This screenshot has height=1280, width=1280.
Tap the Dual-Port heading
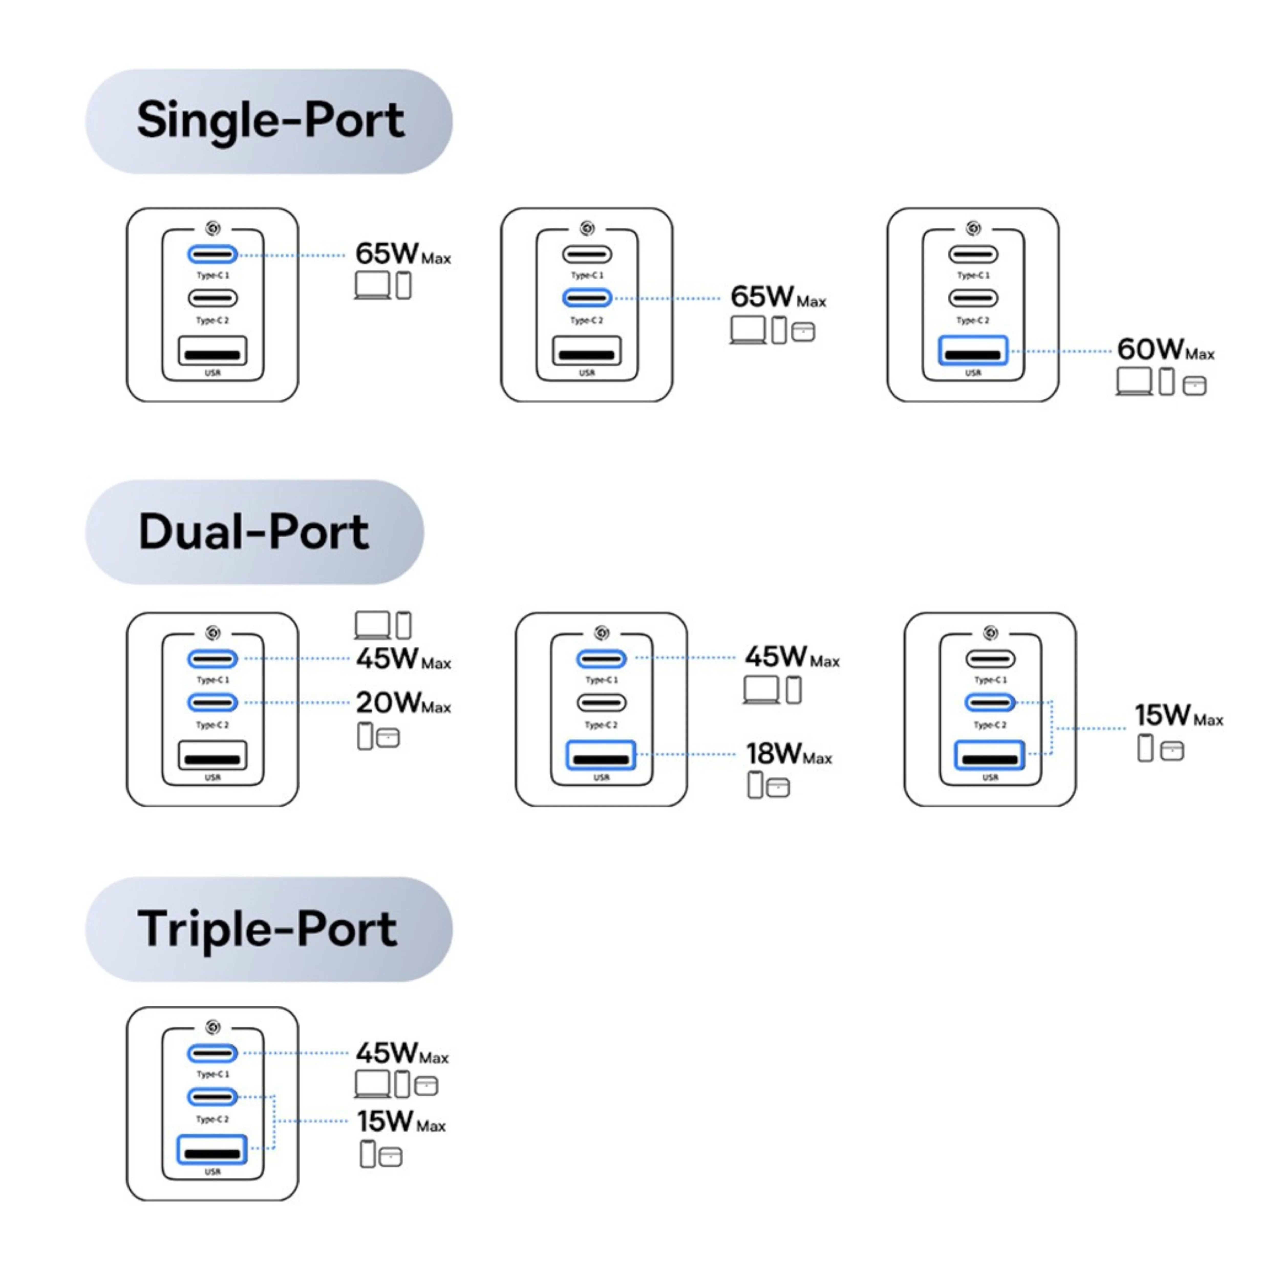pos(254,532)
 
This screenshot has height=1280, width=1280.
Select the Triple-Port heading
pos(268,929)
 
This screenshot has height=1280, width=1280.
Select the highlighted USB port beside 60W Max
pos(973,351)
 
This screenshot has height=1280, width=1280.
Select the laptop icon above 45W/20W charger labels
pos(372,625)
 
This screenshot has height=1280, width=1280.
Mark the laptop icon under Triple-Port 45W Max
pos(372,1085)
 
